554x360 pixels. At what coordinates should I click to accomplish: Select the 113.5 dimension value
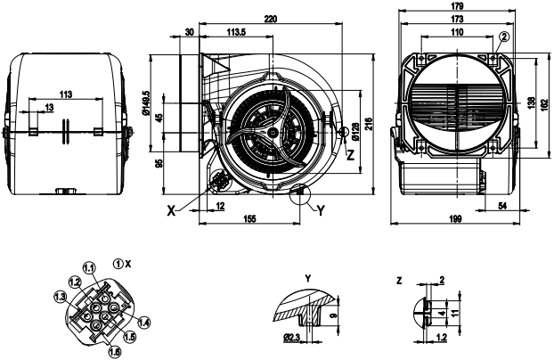tap(236, 32)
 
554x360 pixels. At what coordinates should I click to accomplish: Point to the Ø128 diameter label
tap(355, 134)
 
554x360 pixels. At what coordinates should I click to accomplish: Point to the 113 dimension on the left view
tap(65, 94)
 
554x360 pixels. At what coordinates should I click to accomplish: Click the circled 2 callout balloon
tap(504, 36)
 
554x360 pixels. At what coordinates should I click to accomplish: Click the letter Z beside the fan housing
tap(351, 154)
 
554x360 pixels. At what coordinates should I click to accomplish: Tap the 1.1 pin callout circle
tap(89, 267)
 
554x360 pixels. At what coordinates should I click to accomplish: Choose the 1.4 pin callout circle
tap(144, 322)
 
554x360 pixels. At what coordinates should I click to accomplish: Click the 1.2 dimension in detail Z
tap(442, 338)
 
